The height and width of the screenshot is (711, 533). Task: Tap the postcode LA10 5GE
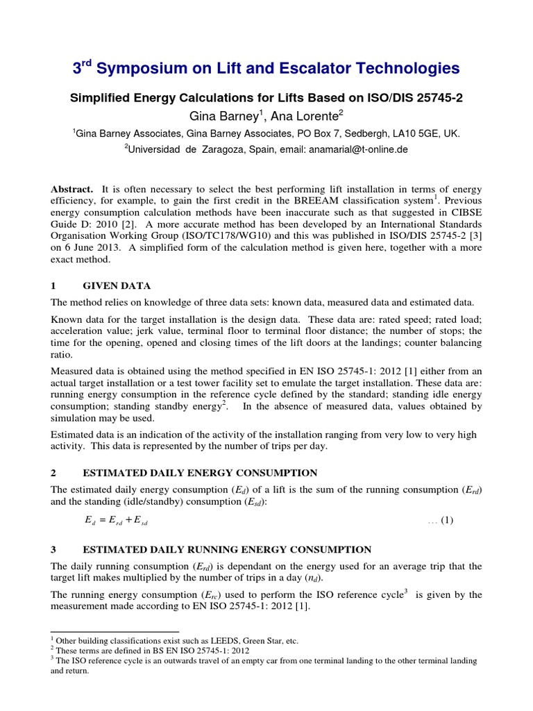point(416,133)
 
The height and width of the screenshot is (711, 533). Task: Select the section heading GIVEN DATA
point(117,286)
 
